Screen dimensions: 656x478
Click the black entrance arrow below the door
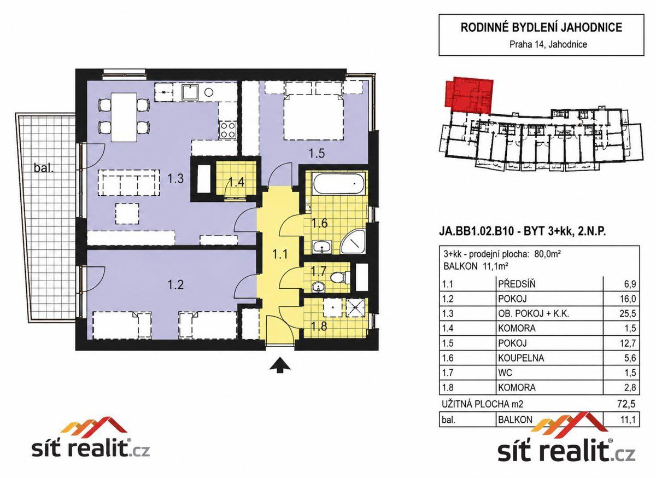[x=280, y=365]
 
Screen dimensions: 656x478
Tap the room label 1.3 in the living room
[x=175, y=178]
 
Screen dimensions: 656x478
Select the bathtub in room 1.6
[x=339, y=183]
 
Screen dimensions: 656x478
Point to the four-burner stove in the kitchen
[x=228, y=130]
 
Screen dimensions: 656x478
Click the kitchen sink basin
[x=191, y=92]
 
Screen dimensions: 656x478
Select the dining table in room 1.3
[x=124, y=117]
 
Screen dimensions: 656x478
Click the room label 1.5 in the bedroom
[x=317, y=153]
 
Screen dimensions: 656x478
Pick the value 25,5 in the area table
[x=628, y=313]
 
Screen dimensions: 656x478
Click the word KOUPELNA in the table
[x=521, y=358]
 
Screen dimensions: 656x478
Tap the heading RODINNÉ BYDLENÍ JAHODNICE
[x=542, y=27]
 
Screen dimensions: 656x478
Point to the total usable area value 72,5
[x=628, y=404]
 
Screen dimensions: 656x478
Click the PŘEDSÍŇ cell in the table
[x=517, y=284]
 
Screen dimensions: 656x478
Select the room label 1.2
[x=175, y=284]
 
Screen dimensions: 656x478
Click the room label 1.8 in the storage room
[x=319, y=326]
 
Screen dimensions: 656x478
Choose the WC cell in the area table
[x=505, y=372]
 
